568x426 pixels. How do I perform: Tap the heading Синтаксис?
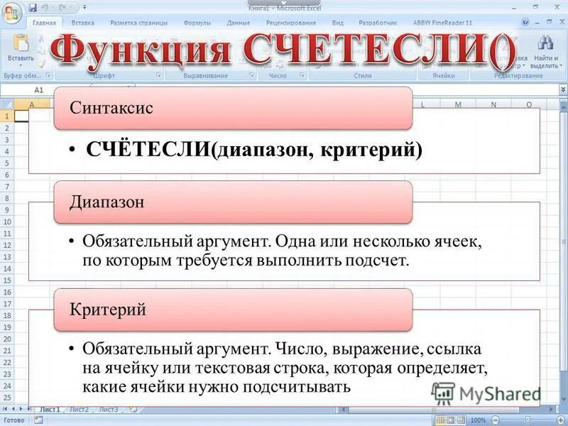point(111,108)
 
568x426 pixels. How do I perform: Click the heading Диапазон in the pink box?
point(106,202)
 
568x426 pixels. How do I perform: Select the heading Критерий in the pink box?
point(108,310)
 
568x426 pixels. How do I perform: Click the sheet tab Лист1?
point(50,409)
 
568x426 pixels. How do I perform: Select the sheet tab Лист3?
point(108,409)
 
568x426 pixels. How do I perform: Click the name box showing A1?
point(39,91)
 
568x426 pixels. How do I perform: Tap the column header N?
point(493,105)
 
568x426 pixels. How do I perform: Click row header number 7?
point(6,186)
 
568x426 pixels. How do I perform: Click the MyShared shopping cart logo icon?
point(443,393)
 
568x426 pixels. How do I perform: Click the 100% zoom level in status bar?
point(478,420)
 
